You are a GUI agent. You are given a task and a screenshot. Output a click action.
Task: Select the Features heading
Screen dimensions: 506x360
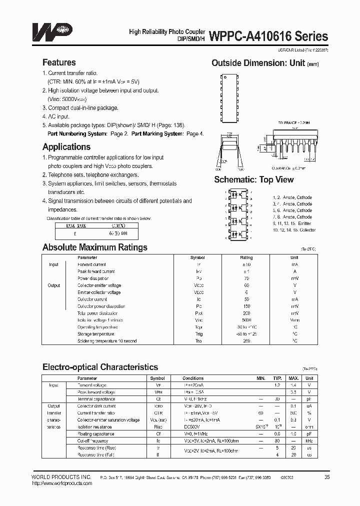[59, 62]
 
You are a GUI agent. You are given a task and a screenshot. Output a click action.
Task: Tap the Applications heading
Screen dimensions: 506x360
[66, 147]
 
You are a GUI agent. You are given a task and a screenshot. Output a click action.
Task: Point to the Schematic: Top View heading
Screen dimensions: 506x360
[254, 179]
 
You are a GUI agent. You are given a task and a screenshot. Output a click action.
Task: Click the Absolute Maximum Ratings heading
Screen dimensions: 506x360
[94, 247]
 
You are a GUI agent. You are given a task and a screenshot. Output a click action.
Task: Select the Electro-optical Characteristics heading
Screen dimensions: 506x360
[100, 367]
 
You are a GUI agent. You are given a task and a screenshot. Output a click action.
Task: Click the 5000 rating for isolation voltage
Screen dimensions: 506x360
[232, 320]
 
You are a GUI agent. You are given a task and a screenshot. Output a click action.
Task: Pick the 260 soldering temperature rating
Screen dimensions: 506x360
[232, 341]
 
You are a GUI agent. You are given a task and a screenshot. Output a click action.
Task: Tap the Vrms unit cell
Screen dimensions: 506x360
[294, 320]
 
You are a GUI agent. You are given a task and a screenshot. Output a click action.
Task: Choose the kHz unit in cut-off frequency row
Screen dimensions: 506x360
[309, 441]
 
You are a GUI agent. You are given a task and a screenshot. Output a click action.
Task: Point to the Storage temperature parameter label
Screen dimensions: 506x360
[95, 334]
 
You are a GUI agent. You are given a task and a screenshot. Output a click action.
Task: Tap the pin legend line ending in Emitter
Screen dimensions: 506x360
[292, 223]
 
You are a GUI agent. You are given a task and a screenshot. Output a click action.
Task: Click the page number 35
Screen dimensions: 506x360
[327, 477]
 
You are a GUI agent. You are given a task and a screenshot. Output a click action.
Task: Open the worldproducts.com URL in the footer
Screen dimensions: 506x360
[61, 483]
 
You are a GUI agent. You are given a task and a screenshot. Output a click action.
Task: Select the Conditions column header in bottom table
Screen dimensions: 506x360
[193, 378]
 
